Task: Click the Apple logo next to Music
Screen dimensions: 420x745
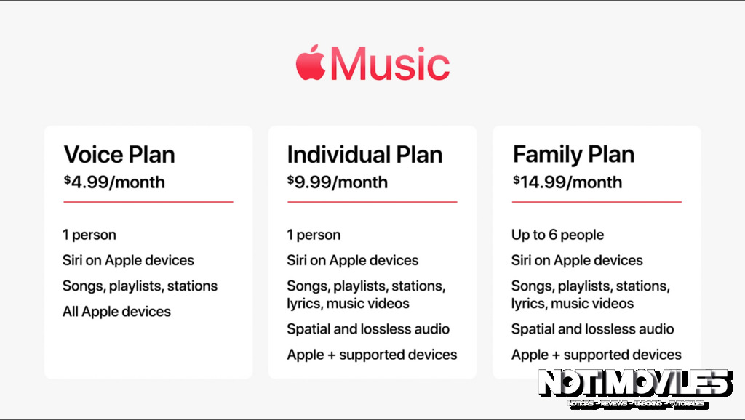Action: tap(310, 63)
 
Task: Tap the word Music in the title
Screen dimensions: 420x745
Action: tap(389, 65)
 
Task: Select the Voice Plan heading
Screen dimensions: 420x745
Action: tap(119, 154)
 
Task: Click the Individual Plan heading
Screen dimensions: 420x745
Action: tap(364, 154)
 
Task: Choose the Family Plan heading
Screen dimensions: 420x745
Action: tap(573, 154)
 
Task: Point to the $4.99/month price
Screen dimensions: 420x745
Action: tap(114, 182)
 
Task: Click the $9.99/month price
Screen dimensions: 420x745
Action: tap(338, 182)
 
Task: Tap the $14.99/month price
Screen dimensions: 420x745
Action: tap(567, 182)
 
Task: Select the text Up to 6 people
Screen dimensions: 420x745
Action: tap(557, 235)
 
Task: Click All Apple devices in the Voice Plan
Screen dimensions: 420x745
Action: tap(116, 312)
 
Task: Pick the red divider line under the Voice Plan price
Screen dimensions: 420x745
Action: tap(148, 202)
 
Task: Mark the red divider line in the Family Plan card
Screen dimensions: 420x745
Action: tap(597, 202)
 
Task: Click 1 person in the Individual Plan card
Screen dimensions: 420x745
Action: tap(314, 235)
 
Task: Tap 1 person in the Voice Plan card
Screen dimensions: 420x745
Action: tap(89, 235)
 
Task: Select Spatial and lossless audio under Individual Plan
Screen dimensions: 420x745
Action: tap(368, 329)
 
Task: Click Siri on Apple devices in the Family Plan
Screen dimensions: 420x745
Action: tap(577, 260)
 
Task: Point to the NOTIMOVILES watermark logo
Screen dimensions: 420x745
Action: tap(634, 385)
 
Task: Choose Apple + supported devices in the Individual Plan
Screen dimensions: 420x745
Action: tap(372, 355)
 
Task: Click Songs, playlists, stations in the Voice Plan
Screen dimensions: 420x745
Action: tap(140, 286)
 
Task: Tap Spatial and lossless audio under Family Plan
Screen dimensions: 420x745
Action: tap(592, 329)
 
